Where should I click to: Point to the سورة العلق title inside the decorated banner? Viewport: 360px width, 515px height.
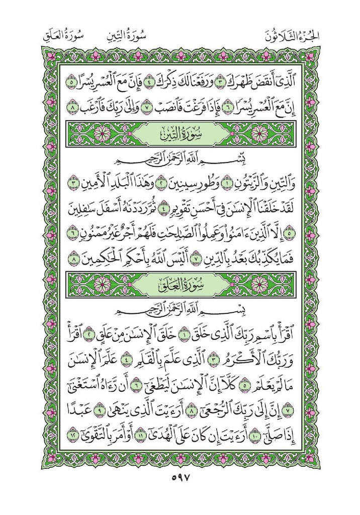179,285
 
